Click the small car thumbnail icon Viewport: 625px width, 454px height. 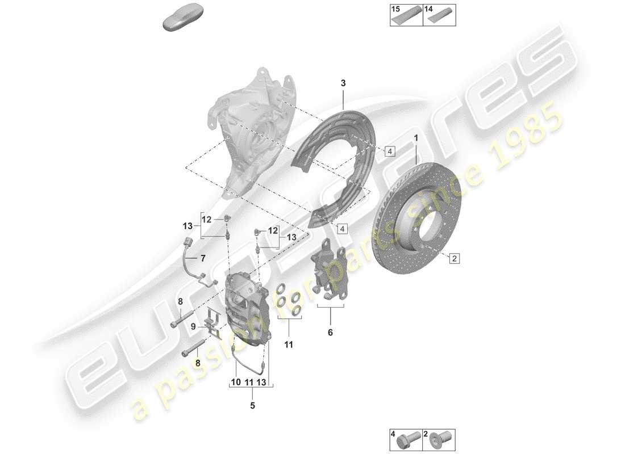click(181, 21)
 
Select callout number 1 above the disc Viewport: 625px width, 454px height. click(416, 138)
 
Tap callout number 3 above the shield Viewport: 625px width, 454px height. click(343, 83)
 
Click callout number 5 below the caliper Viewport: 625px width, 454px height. click(253, 405)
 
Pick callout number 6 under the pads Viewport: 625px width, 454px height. click(330, 333)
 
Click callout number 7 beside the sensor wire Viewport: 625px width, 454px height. click(202, 259)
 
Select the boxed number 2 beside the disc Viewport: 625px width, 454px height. click(455, 259)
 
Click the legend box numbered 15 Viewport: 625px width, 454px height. click(406, 15)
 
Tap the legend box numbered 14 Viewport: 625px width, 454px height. click(440, 15)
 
